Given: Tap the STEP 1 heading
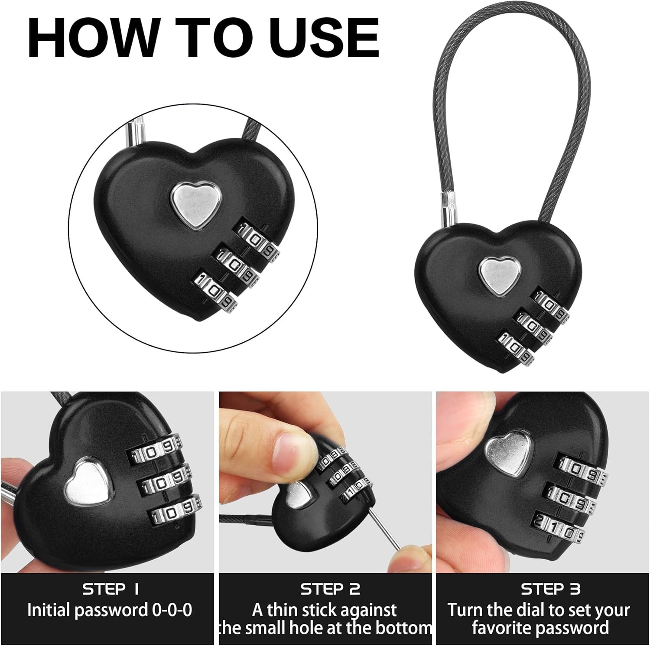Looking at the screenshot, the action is (110, 589).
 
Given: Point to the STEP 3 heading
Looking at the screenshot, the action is (550, 589).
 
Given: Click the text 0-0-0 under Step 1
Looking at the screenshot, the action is (172, 610).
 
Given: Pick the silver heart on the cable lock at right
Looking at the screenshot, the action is (499, 275).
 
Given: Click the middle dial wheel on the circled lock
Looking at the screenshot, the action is (236, 268).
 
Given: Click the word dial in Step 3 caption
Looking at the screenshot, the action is (514, 610).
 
